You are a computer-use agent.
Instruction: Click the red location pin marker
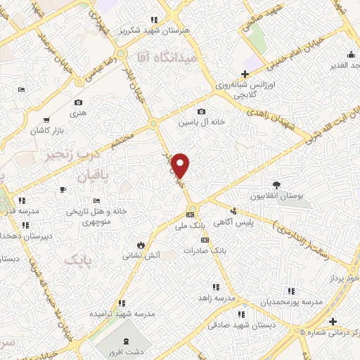click(181, 165)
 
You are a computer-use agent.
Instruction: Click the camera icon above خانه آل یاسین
click(201, 111)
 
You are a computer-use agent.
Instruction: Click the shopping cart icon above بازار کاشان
click(46, 120)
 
